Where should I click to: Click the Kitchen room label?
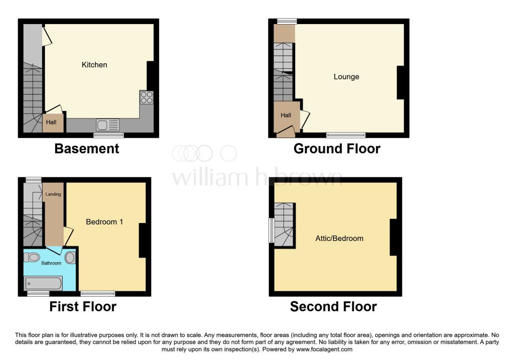[94, 65]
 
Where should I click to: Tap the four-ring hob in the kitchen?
[147, 97]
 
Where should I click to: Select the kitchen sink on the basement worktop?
[107, 125]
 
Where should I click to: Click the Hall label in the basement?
[51, 122]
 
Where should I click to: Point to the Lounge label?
[346, 76]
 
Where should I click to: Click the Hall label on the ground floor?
[286, 115]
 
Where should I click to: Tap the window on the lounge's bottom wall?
[346, 135]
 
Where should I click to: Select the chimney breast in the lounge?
[400, 83]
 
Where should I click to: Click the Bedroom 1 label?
[104, 221]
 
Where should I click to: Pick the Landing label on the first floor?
[53, 194]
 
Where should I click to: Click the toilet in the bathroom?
[32, 258]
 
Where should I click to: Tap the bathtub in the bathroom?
[43, 283]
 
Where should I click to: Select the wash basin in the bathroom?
[70, 258]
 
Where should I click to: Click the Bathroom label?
[51, 263]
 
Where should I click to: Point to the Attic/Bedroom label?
[339, 238]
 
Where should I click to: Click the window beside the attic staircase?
[272, 230]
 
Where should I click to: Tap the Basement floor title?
[87, 149]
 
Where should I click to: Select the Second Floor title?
[333, 307]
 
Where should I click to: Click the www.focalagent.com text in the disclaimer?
[324, 349]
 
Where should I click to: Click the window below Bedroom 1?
[98, 293]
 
